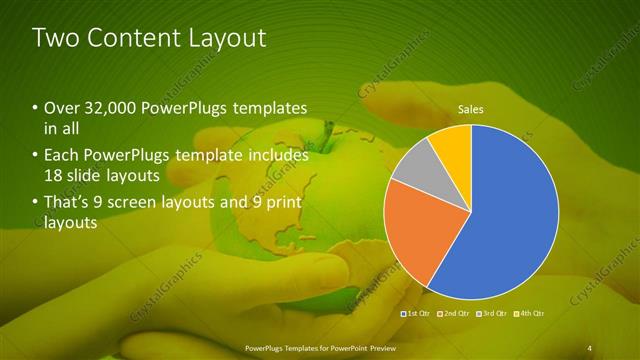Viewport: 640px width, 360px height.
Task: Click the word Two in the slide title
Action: pyautogui.click(x=58, y=38)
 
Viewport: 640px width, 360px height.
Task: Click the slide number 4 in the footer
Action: pyautogui.click(x=590, y=347)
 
